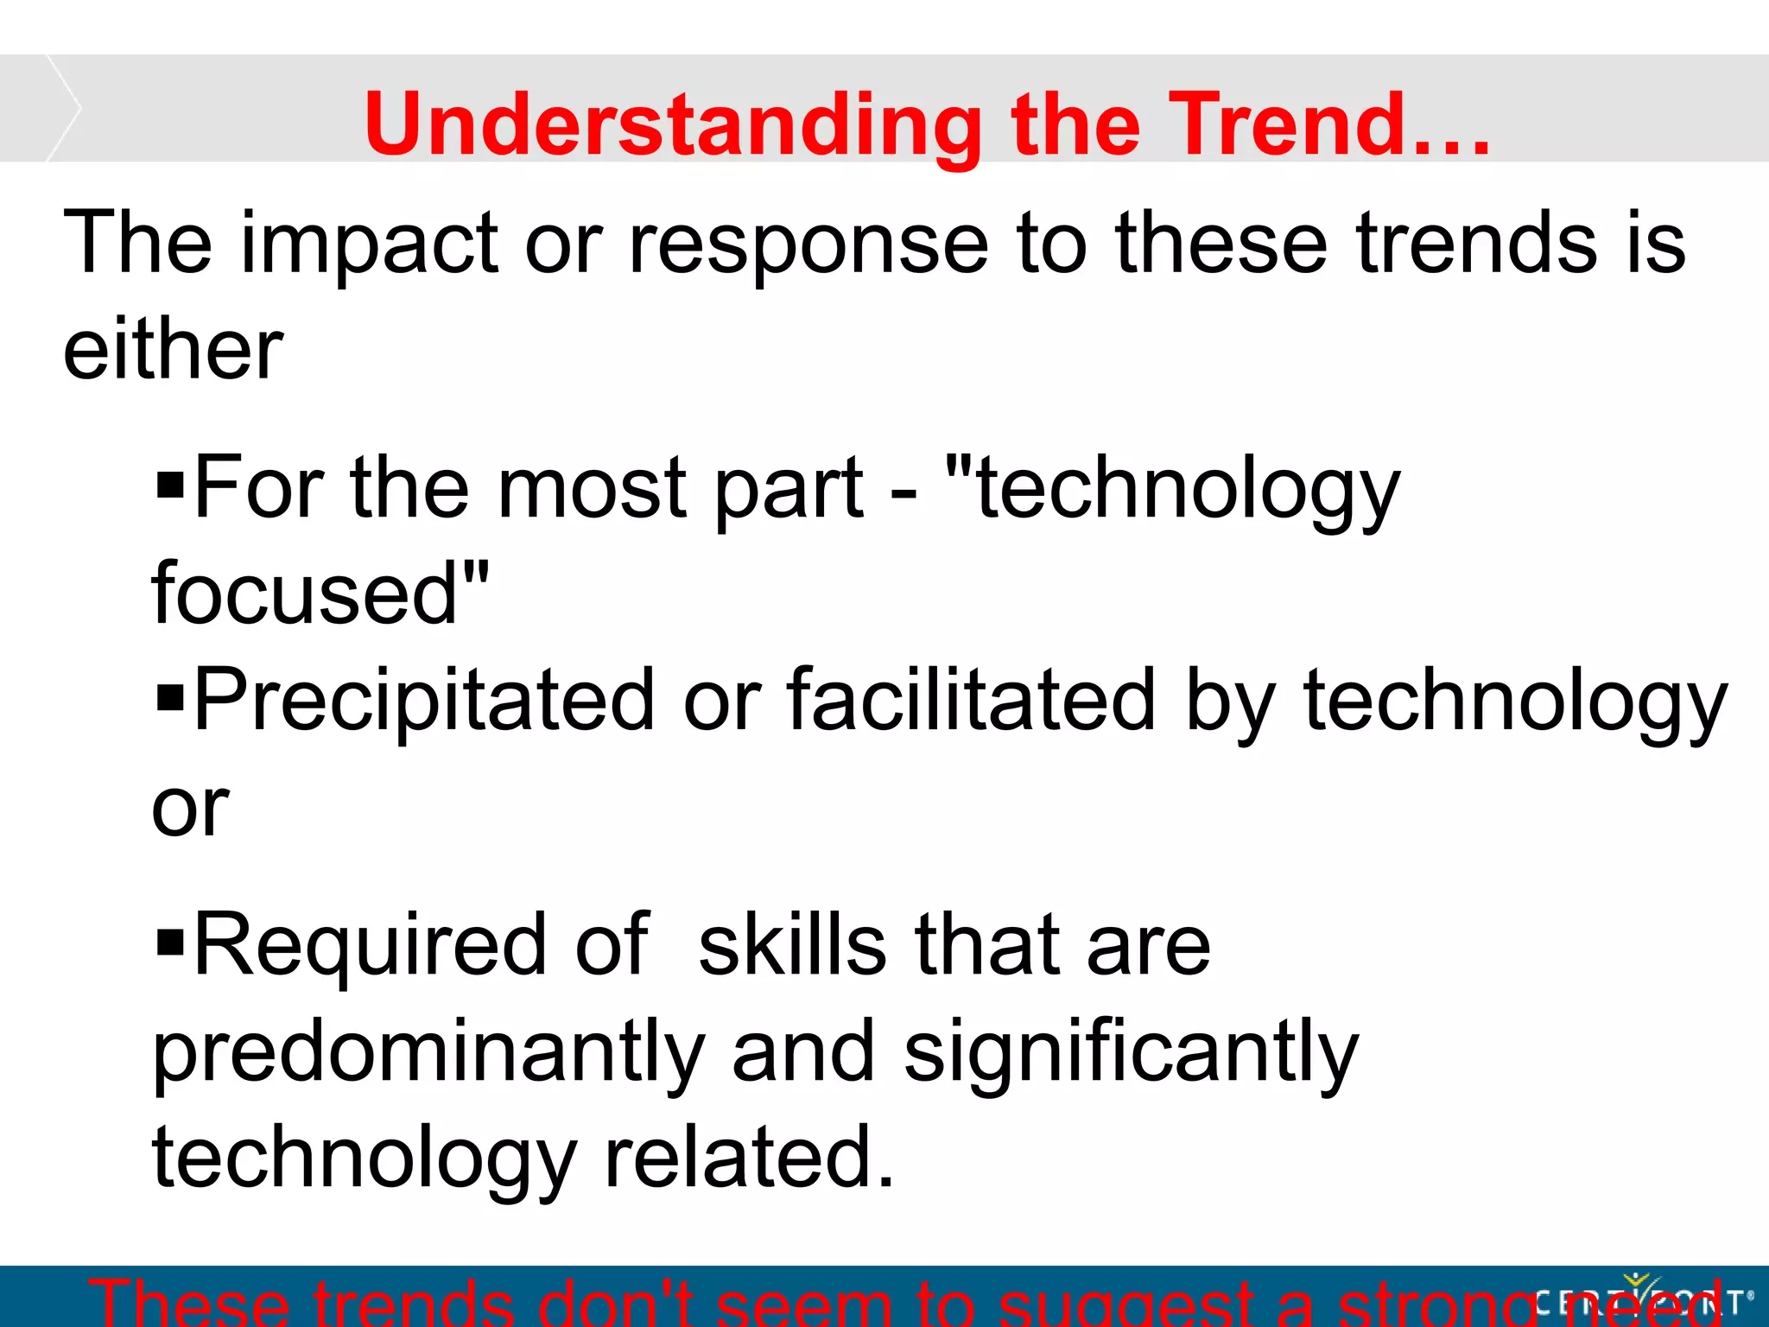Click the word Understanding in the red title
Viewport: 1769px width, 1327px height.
click(673, 125)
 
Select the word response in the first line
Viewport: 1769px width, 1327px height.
click(808, 244)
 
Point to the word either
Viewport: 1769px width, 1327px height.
click(173, 350)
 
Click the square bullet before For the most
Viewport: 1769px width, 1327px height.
click(171, 486)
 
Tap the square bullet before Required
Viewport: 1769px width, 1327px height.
click(171, 943)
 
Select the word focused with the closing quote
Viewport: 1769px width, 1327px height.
click(320, 594)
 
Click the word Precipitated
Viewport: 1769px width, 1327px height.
click(423, 700)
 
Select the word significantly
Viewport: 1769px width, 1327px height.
click(1132, 1053)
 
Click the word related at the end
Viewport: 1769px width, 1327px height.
click(748, 1158)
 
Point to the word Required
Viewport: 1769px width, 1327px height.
click(371, 946)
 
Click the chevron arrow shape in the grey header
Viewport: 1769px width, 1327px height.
click(64, 108)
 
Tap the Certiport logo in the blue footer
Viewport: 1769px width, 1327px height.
click(1641, 1298)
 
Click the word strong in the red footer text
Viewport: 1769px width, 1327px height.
click(1434, 1305)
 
